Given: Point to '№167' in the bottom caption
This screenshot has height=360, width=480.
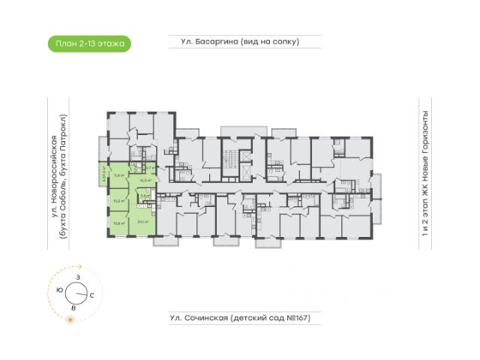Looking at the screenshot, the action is tap(293, 319).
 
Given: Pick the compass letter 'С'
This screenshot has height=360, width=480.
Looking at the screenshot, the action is tap(91, 295).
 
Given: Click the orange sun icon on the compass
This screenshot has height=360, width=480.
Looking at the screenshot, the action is tap(70, 320).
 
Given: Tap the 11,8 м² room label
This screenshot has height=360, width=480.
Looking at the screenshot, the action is tap(118, 175).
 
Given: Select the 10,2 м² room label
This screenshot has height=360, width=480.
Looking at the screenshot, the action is tap(118, 200).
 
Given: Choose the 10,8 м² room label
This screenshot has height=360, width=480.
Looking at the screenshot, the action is tap(118, 222).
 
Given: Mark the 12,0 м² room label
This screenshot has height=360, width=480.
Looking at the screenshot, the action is tap(147, 180).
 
